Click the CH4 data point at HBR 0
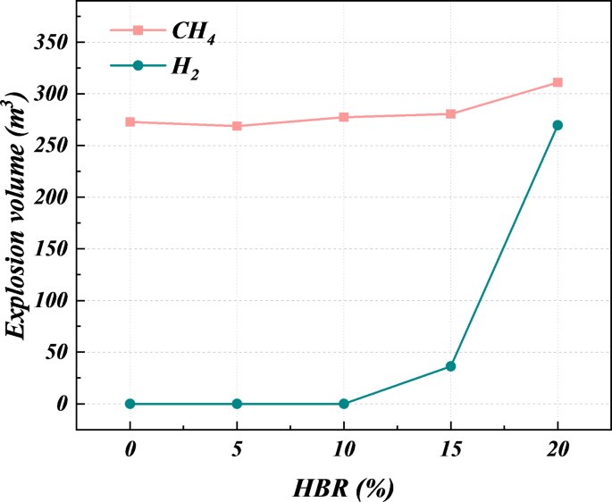click(x=130, y=121)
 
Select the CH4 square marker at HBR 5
click(x=237, y=126)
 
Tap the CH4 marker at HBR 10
click(x=344, y=117)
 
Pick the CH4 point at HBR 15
click(x=451, y=113)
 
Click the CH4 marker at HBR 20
click(x=558, y=82)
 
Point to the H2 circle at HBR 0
click(x=130, y=404)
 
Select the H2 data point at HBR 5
click(x=237, y=404)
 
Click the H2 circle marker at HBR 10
click(x=344, y=404)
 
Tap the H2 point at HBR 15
click(x=451, y=366)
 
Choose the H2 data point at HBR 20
click(x=558, y=125)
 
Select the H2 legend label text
click(x=186, y=68)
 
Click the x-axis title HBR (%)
click(x=343, y=488)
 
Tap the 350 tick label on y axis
click(x=50, y=42)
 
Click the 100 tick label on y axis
click(x=50, y=300)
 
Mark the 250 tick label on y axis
click(x=50, y=146)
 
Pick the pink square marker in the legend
click(x=138, y=30)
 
